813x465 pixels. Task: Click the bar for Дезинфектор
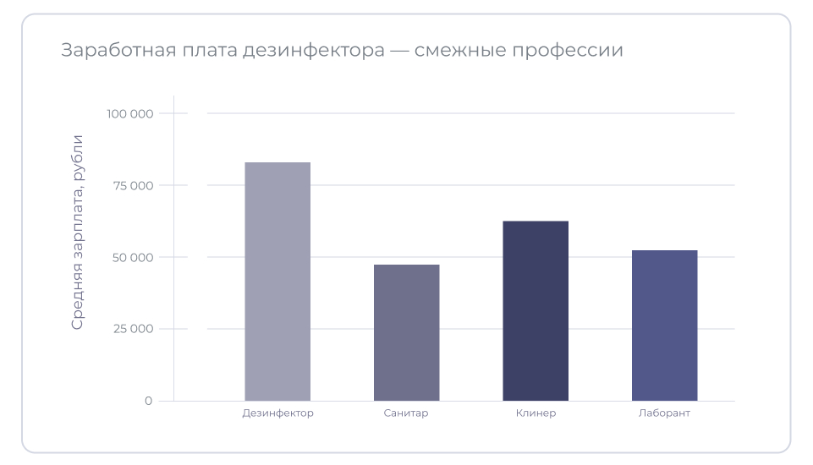click(277, 282)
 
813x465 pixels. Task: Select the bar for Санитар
click(406, 332)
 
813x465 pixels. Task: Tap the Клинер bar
click(536, 311)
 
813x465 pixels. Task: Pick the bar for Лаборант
click(664, 325)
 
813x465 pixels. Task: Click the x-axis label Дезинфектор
click(277, 413)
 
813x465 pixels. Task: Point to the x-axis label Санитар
click(406, 413)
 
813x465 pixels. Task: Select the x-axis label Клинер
click(536, 413)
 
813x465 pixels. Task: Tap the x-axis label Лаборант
click(664, 413)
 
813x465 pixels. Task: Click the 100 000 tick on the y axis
click(129, 113)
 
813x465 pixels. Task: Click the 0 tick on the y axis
click(148, 401)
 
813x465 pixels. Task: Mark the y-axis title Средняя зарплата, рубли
click(77, 232)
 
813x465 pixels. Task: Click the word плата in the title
click(206, 51)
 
